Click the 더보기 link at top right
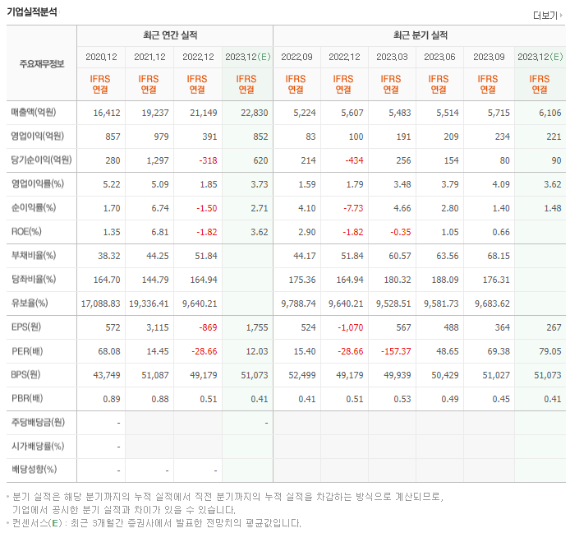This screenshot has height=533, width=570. coord(547,15)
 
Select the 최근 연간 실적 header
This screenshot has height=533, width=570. coord(174,36)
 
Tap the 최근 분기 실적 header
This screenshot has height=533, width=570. coord(420,36)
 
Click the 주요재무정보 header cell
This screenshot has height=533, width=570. coord(42,64)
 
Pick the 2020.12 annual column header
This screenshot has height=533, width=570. coord(101,57)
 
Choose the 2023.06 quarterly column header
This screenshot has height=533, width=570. coord(440,57)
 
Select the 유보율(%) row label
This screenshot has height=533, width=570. coord(33,304)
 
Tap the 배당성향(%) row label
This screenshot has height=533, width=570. coord(35,470)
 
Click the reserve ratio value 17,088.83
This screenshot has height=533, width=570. coord(100,304)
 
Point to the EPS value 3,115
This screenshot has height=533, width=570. coord(154,327)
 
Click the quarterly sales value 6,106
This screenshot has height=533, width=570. coord(545,113)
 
